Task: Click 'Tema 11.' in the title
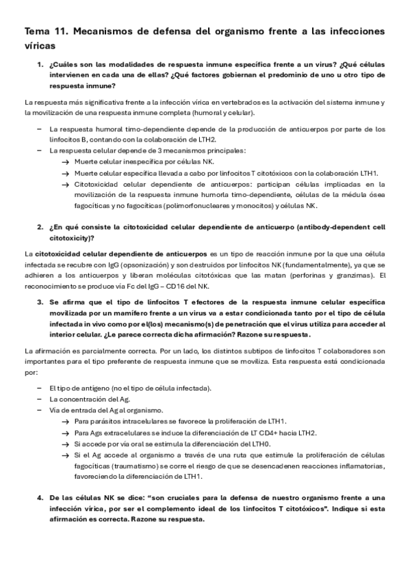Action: pos(45,31)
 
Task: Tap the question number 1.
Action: pos(40,64)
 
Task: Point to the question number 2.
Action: pos(40,226)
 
